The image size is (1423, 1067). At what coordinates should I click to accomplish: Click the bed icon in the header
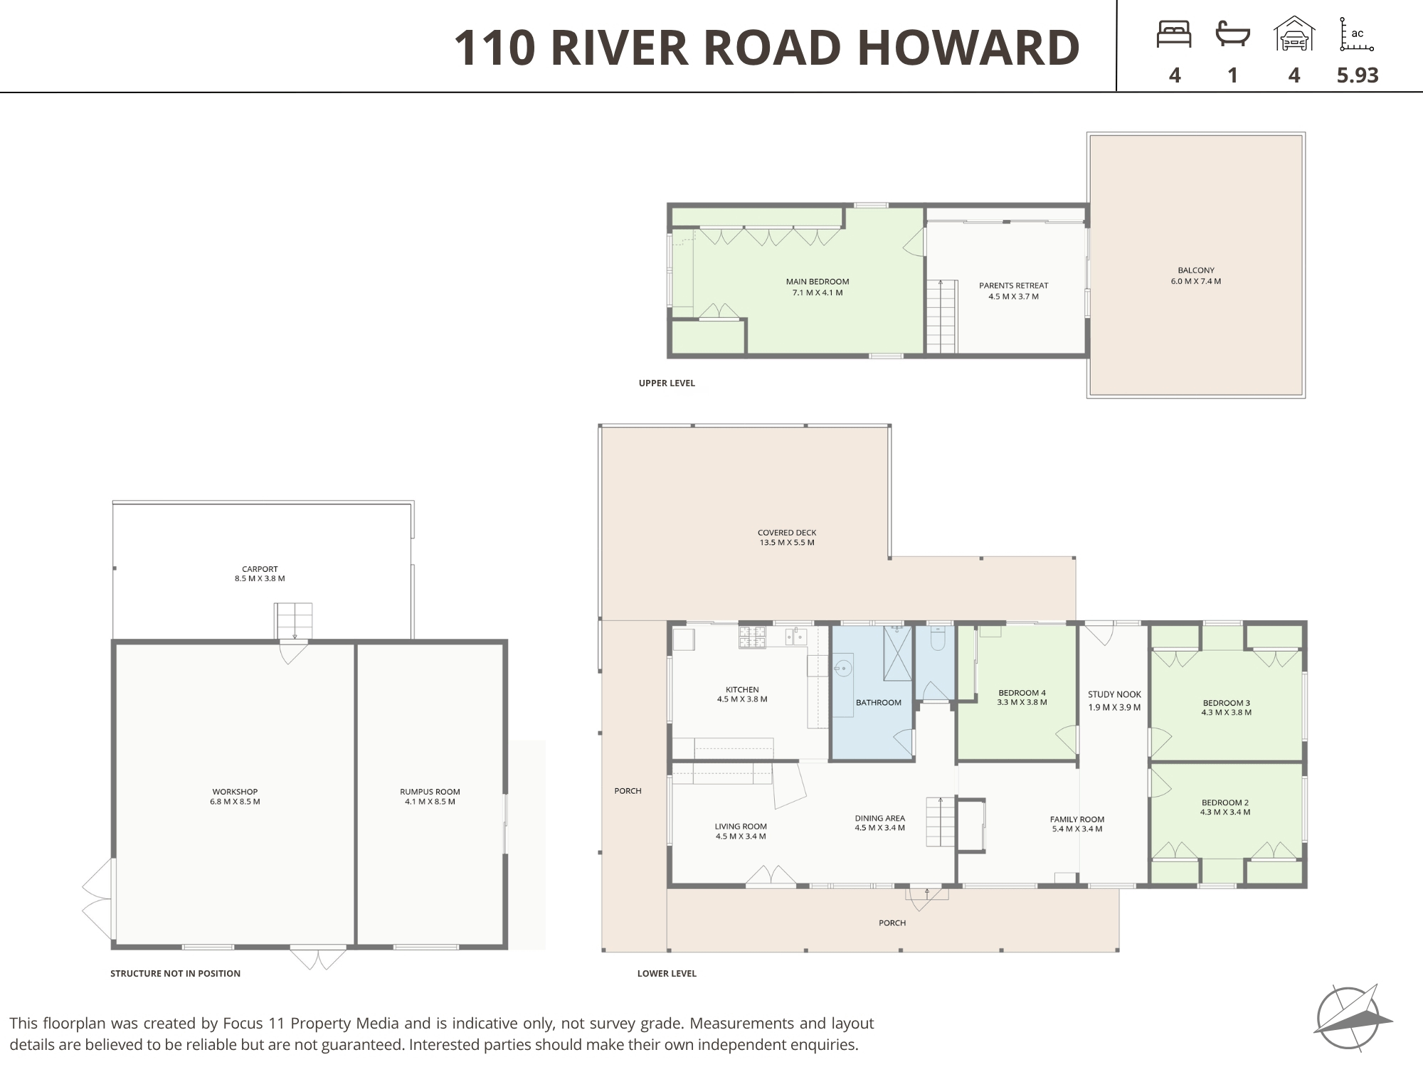tap(1174, 34)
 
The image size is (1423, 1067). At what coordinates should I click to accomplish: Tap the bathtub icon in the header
tap(1233, 33)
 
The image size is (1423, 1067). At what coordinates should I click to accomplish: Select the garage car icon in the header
tap(1294, 33)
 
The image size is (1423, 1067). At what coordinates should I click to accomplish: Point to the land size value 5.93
tap(1358, 75)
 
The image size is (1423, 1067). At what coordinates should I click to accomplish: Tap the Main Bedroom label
tap(818, 287)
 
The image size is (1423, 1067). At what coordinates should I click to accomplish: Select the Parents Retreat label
tap(1013, 291)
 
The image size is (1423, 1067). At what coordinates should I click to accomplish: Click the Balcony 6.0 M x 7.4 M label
tap(1196, 275)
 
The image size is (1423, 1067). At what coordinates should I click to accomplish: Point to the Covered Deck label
tap(787, 537)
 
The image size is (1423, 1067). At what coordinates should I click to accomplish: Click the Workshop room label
tap(235, 797)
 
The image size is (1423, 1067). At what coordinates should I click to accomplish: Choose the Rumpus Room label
tap(430, 797)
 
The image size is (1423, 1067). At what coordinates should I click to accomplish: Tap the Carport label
tap(260, 573)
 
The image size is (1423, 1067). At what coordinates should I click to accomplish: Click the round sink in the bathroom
tap(843, 669)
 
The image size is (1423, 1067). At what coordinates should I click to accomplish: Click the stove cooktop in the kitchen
tap(752, 637)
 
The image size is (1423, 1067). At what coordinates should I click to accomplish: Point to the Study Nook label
tap(1114, 701)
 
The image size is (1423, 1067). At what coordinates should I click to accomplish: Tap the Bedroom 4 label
tap(1022, 697)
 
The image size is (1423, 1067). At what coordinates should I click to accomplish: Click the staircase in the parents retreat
tap(941, 317)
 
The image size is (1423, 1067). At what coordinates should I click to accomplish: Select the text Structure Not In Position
tap(175, 973)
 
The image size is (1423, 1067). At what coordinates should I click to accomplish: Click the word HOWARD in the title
tap(968, 48)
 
